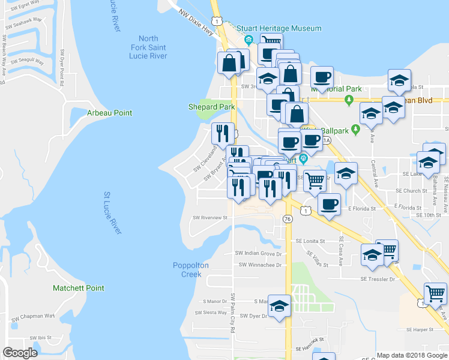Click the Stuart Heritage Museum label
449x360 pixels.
(279, 28)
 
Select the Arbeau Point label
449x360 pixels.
(109, 113)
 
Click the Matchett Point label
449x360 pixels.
(79, 288)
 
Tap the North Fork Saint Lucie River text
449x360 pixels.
(149, 47)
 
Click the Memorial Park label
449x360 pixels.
(336, 89)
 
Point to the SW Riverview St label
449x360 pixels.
(209, 218)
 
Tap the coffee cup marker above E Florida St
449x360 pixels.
(328, 204)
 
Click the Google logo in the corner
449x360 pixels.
(20, 353)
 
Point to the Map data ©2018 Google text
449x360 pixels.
(412, 355)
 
